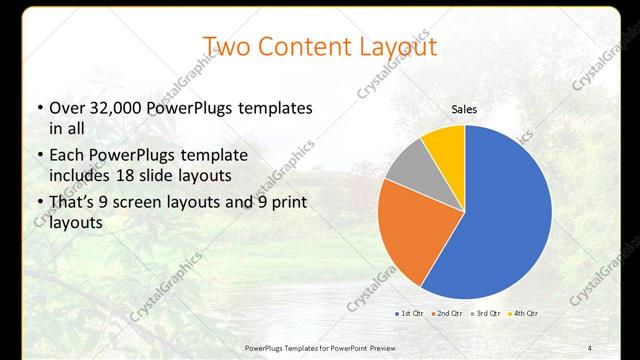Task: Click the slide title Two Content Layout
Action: [320, 47]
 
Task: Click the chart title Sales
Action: [464, 108]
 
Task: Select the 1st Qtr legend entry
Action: [410, 314]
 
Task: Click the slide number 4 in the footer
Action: [591, 346]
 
